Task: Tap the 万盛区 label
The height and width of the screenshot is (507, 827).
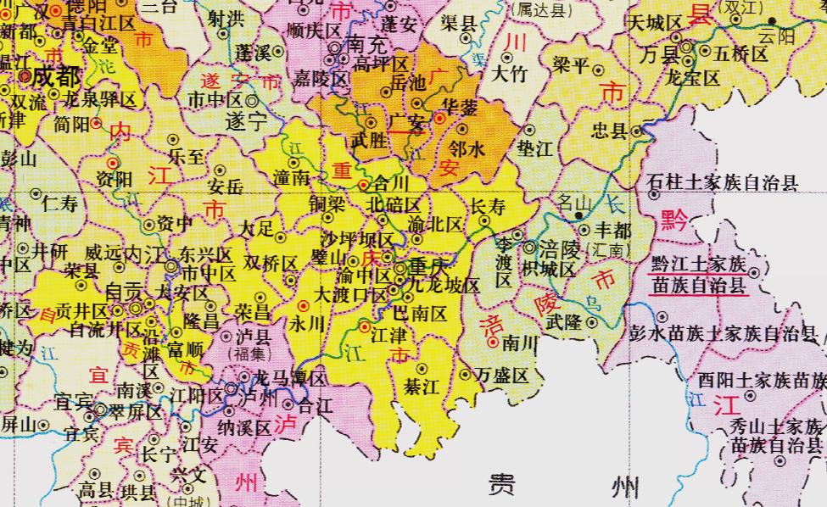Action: click(502, 375)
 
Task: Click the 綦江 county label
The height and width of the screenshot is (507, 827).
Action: click(422, 387)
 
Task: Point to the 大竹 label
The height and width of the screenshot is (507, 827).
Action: click(509, 75)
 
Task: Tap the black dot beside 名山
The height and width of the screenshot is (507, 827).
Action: click(579, 216)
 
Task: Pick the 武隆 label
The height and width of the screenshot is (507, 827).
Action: click(563, 323)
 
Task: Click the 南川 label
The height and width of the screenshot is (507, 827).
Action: click(520, 343)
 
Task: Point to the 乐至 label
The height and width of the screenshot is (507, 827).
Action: click(187, 157)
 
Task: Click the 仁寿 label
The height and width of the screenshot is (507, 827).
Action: click(59, 203)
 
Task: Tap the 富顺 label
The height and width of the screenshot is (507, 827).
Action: click(186, 348)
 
